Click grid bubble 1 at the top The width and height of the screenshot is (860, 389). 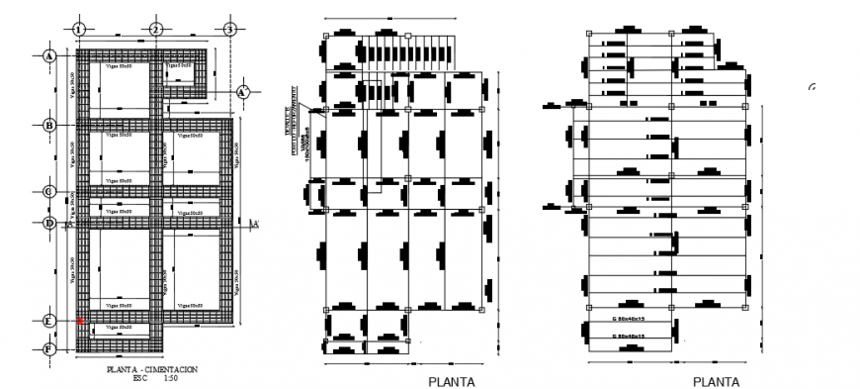(x=79, y=29)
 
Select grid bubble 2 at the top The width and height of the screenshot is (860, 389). (x=155, y=29)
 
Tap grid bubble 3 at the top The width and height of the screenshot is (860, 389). (x=228, y=29)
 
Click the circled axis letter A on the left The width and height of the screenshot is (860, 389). (x=47, y=56)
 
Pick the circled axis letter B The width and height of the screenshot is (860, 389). (x=47, y=125)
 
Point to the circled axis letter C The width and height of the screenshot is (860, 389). (x=47, y=192)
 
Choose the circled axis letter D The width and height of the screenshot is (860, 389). (x=47, y=223)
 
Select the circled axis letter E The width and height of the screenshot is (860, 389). (x=47, y=321)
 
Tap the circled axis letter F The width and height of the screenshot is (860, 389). (x=47, y=348)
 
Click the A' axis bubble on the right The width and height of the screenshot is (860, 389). (x=242, y=91)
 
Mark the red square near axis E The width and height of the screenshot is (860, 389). (x=79, y=321)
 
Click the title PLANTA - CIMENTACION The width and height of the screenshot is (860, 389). (x=152, y=369)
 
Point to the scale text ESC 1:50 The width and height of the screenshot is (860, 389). (x=152, y=377)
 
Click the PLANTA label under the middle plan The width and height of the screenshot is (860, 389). (x=451, y=381)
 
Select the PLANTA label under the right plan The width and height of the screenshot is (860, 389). (x=716, y=381)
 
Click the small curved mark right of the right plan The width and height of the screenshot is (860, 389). (x=812, y=87)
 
